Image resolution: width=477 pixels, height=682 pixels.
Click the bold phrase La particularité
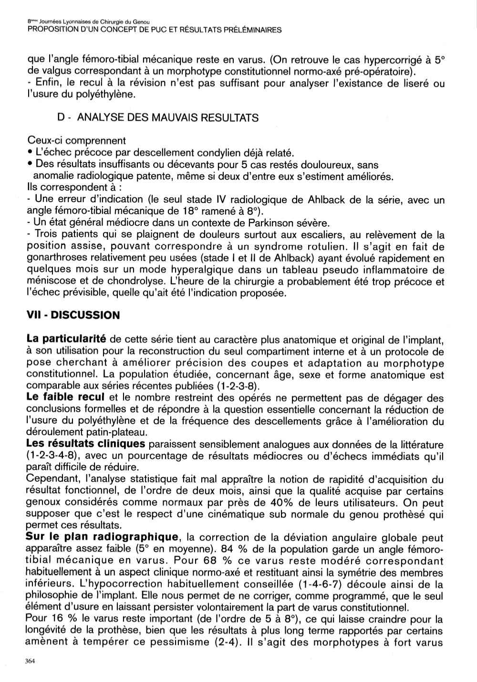click(x=66, y=340)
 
